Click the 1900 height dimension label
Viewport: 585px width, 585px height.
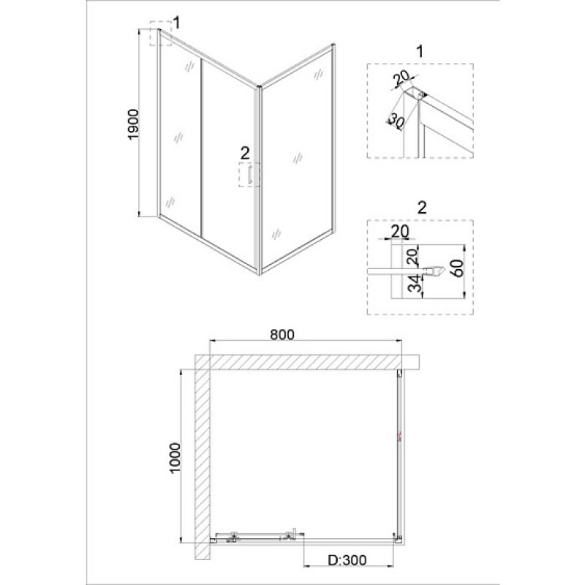pyautogui.click(x=133, y=124)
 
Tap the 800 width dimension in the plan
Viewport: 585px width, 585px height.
pyautogui.click(x=282, y=334)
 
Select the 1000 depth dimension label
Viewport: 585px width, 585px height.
pyautogui.click(x=175, y=458)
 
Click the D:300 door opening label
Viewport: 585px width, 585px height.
pyautogui.click(x=347, y=559)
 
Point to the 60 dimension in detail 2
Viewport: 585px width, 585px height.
pyautogui.click(x=458, y=268)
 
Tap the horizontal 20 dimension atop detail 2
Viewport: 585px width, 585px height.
pyautogui.click(x=399, y=231)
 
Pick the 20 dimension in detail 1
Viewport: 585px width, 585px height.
pyautogui.click(x=402, y=78)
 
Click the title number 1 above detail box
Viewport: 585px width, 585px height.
pyautogui.click(x=420, y=51)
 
